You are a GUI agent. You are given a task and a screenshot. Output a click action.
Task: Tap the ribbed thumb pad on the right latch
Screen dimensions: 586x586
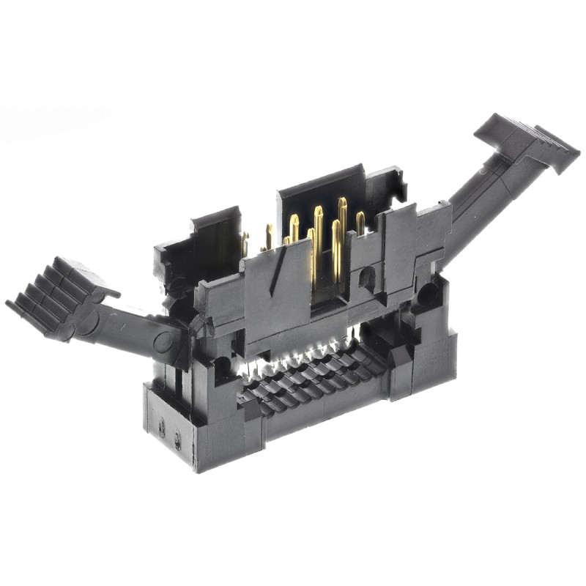(529, 141)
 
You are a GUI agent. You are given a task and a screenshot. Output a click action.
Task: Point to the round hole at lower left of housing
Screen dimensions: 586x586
(220, 363)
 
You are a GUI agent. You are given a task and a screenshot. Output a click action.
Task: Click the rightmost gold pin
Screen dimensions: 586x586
(360, 223)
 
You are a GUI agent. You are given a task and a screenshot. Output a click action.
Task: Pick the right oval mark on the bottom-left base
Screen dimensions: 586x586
(177, 437)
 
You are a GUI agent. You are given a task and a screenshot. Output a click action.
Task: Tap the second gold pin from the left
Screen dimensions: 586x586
(269, 236)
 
